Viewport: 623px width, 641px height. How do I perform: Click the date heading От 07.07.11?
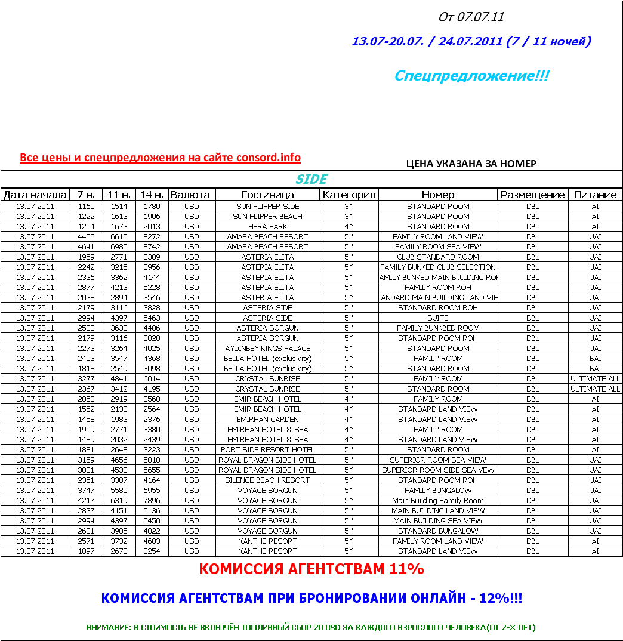(471, 17)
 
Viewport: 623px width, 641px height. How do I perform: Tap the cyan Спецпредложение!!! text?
(471, 76)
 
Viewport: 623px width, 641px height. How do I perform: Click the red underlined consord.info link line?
(160, 158)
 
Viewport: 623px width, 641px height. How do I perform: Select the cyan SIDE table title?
(311, 179)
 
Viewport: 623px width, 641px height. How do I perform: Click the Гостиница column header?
(267, 195)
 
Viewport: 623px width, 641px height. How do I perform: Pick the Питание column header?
(595, 195)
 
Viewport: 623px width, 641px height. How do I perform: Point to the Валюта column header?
(190, 195)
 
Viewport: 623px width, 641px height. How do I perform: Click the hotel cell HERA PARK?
(267, 227)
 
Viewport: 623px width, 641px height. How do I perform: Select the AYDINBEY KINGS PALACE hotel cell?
(267, 349)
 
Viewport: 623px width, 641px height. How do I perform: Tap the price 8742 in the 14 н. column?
(152, 247)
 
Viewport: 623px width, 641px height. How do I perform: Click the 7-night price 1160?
(86, 207)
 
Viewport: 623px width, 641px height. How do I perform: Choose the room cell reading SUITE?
(438, 318)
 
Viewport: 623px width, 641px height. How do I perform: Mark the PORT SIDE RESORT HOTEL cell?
(267, 450)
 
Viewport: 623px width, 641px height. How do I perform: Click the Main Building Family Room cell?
(438, 501)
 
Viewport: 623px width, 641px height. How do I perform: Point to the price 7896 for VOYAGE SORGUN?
(152, 501)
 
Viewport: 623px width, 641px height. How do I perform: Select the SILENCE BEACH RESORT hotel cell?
(267, 480)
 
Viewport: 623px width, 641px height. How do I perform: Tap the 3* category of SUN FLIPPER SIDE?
(348, 207)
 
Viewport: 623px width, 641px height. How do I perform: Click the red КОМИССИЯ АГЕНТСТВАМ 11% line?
(311, 569)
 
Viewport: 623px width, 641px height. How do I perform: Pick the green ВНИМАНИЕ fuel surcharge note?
(311, 628)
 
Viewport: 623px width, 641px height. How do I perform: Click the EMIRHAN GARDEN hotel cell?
(267, 420)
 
